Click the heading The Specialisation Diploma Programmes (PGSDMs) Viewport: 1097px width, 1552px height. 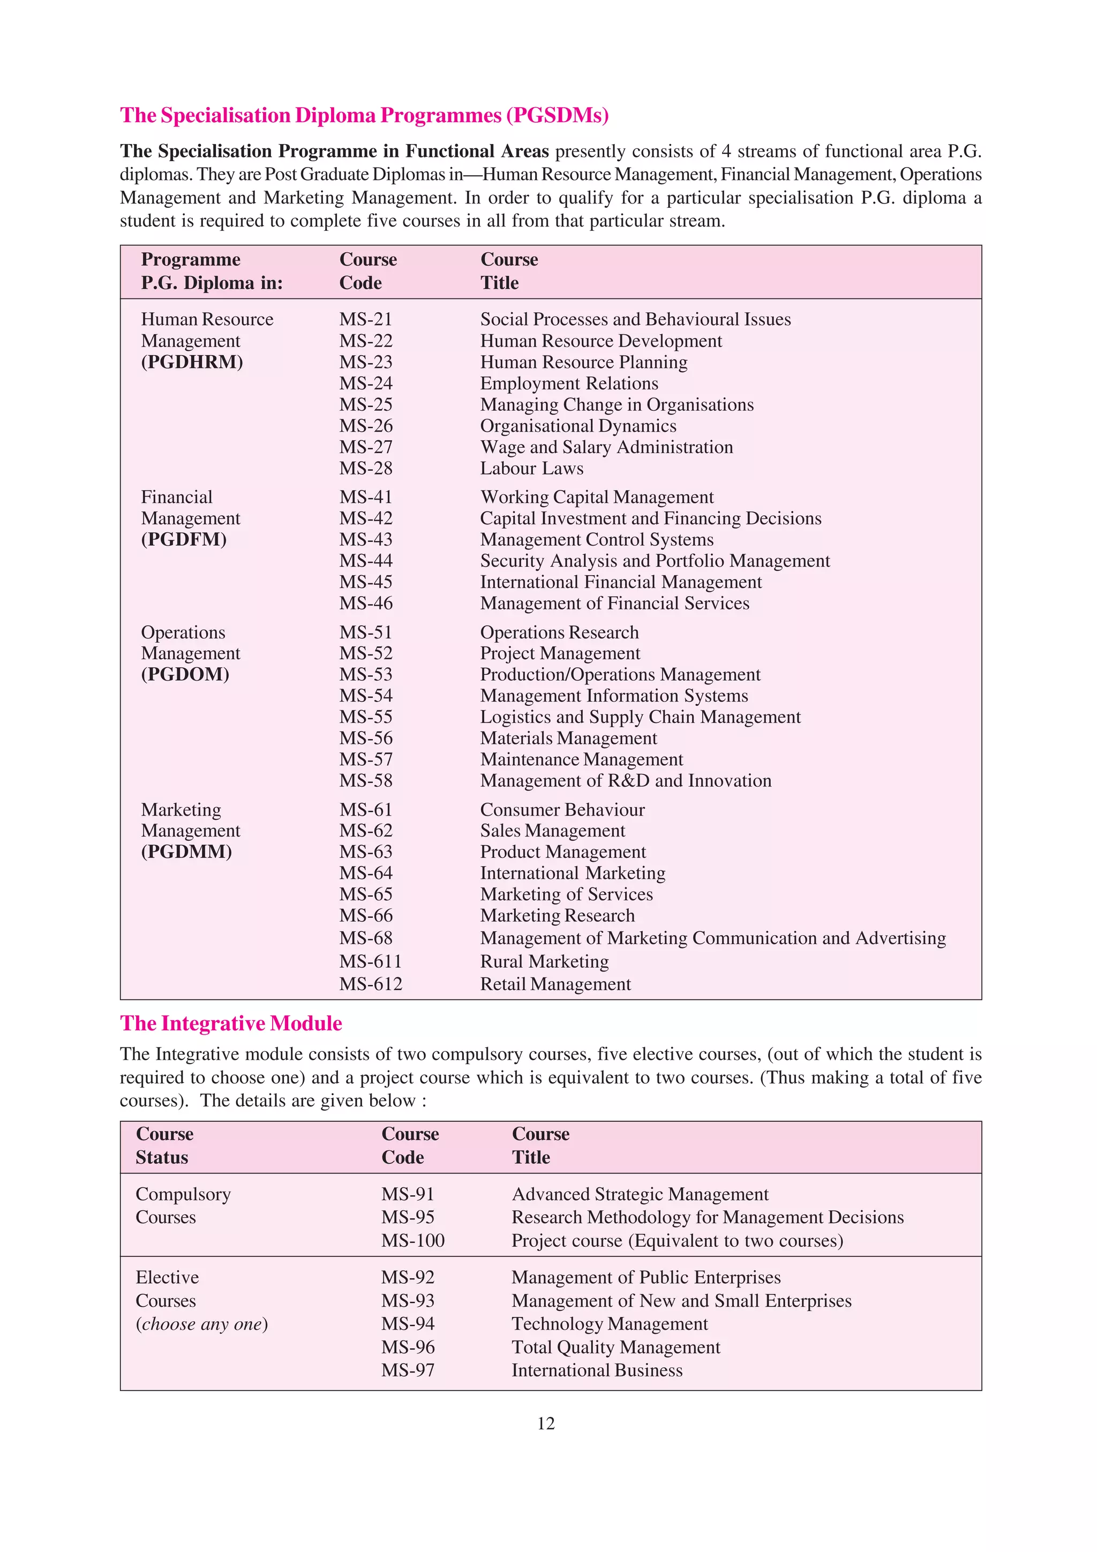coord(364,116)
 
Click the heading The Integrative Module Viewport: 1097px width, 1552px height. coord(231,1023)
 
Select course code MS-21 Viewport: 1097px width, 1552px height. coord(366,319)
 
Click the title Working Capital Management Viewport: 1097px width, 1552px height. coord(596,497)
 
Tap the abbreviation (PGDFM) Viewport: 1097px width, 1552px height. coord(184,539)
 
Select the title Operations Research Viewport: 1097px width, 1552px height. coord(559,632)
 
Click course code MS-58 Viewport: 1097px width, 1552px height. coord(366,780)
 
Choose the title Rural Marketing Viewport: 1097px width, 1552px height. coord(544,961)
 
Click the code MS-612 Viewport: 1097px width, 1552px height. coord(370,984)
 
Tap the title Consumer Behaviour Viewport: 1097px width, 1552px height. coord(562,810)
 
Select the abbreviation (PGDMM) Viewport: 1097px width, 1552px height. coord(186,852)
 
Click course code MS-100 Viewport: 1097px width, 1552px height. coord(412,1240)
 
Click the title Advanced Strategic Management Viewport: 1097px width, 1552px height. coord(640,1194)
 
